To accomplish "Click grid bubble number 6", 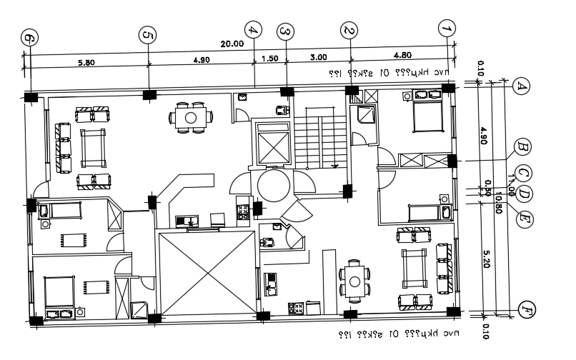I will pyautogui.click(x=29, y=39).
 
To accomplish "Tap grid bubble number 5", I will pyautogui.click(x=148, y=36).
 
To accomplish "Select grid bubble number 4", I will pyautogui.click(x=253, y=30).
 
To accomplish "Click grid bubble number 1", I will pyautogui.click(x=447, y=29).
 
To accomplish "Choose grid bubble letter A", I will pyautogui.click(x=521, y=86).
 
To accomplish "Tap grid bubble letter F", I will pyautogui.click(x=526, y=309).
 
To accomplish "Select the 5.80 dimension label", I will pyautogui.click(x=86, y=62).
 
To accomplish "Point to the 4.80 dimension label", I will pyautogui.click(x=402, y=56).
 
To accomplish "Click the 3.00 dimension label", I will pyautogui.click(x=318, y=58).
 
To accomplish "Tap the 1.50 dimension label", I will pyautogui.click(x=270, y=59).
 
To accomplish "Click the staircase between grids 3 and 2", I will pyautogui.click(x=320, y=144).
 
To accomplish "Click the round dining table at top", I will pyautogui.click(x=192, y=117).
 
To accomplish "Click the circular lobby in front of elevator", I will pyautogui.click(x=274, y=184).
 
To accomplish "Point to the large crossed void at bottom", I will pyautogui.click(x=206, y=273).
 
